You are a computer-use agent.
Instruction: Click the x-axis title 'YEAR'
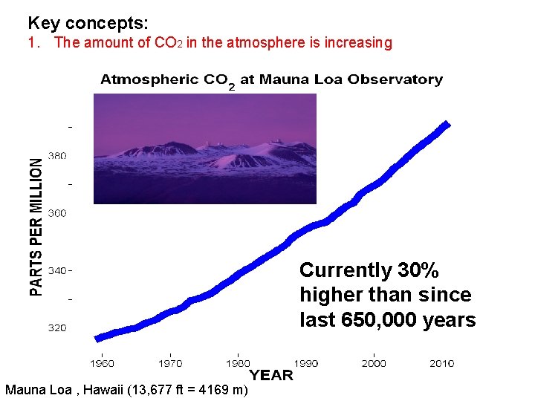tap(270, 376)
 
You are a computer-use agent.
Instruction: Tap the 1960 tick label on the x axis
tap(102, 363)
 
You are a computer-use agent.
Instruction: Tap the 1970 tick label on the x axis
tap(170, 363)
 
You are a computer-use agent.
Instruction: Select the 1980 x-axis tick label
tap(238, 363)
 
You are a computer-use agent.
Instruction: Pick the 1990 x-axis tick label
tap(305, 363)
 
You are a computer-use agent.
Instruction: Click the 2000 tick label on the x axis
tap(374, 363)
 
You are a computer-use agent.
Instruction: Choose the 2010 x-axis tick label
tap(441, 363)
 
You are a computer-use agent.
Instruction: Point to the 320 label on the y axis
tap(57, 327)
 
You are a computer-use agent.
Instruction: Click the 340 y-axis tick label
tap(57, 270)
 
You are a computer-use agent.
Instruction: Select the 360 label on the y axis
tap(57, 213)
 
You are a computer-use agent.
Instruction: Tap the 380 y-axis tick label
tap(57, 156)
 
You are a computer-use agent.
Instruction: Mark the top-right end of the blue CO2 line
tap(447, 123)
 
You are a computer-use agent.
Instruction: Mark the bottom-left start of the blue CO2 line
tap(97, 339)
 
